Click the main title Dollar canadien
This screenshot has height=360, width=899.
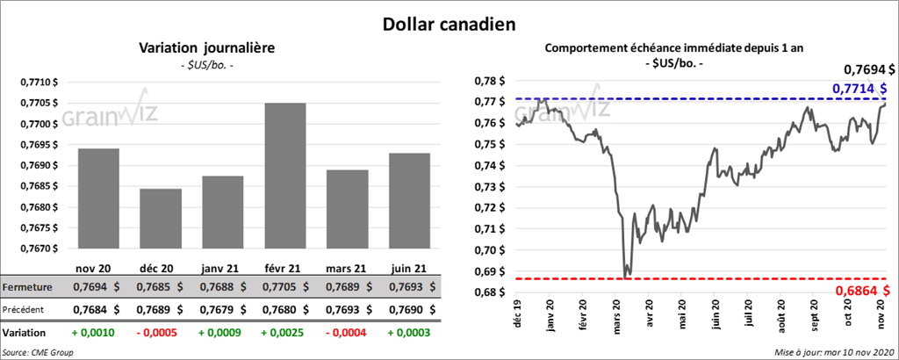click(449, 22)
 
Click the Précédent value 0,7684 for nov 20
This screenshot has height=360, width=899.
click(90, 310)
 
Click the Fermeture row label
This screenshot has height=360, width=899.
click(28, 287)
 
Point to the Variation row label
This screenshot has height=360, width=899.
click(25, 334)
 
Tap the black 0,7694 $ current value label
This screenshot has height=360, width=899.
click(869, 68)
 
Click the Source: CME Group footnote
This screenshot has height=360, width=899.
click(39, 352)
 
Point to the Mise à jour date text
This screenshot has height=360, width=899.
click(834, 352)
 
